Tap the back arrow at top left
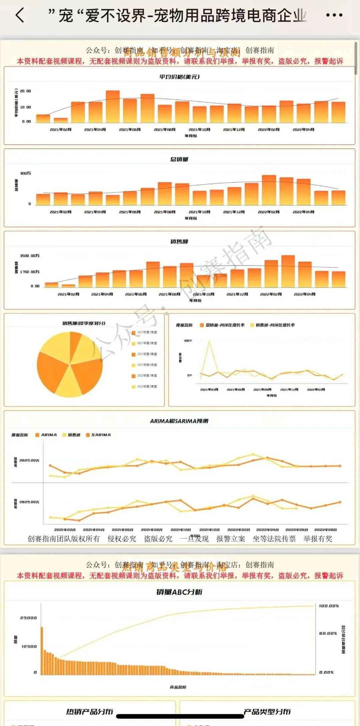click(20, 15)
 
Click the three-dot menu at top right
click(334, 15)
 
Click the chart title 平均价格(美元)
click(179, 77)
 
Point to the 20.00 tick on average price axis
click(25, 91)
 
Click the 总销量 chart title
click(179, 159)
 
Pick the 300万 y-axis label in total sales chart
click(25, 173)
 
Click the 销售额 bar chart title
click(179, 241)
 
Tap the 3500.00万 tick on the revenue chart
click(30, 256)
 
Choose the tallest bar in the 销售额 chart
click(288, 271)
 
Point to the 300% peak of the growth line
click(209, 341)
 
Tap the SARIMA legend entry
click(101, 435)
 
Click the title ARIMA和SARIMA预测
click(179, 421)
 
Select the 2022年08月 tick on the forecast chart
click(325, 530)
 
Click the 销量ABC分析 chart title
click(179, 592)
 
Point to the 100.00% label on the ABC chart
click(329, 606)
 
